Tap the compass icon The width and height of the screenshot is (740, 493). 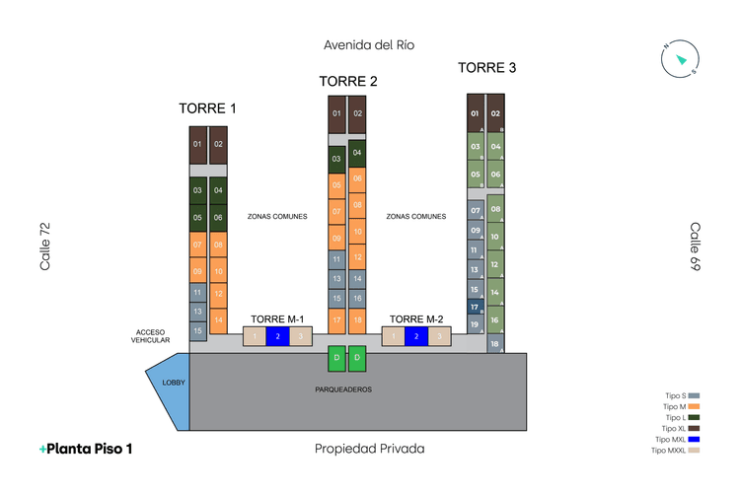pyautogui.click(x=680, y=59)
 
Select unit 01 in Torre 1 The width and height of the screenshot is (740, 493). pyautogui.click(x=197, y=145)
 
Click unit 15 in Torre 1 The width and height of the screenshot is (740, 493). pyautogui.click(x=197, y=330)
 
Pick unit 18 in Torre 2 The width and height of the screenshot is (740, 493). pyautogui.click(x=357, y=319)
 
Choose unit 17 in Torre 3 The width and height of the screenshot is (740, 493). pyautogui.click(x=475, y=307)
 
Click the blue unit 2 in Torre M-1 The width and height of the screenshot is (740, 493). pyautogui.click(x=277, y=337)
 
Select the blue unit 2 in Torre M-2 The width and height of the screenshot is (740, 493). pyautogui.click(x=416, y=337)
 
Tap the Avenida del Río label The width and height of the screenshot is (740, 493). pyautogui.click(x=369, y=44)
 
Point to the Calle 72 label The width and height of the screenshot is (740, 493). pyautogui.click(x=44, y=246)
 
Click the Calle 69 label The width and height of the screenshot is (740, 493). pyautogui.click(x=696, y=246)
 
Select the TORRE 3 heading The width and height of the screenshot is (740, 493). pyautogui.click(x=486, y=68)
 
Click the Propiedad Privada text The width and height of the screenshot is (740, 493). pyautogui.click(x=369, y=449)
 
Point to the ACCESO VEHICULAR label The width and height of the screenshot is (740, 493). pyautogui.click(x=151, y=336)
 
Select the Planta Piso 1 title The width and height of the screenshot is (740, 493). pyautogui.click(x=86, y=449)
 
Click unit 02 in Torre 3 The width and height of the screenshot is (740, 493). pyautogui.click(x=496, y=113)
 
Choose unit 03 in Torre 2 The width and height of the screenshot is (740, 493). pyautogui.click(x=336, y=159)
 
